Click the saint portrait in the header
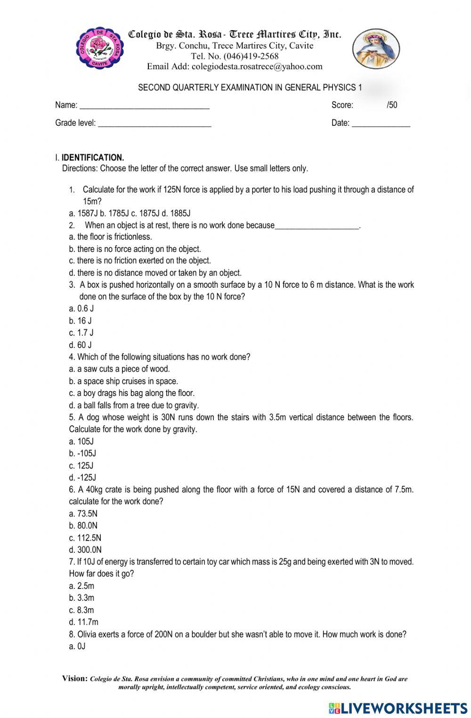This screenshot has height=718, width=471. coord(376,48)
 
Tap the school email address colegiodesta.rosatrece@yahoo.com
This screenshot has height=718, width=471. coord(257,66)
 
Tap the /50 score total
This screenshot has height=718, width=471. coord(391,105)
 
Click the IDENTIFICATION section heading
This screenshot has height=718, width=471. coord(92,157)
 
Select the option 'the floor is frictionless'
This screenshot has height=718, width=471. coord(111,237)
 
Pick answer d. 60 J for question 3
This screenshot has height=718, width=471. coord(81,345)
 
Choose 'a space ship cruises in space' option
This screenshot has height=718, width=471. coord(123,381)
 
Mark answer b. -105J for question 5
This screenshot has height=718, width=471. coord(82,453)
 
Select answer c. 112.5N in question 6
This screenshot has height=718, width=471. coord(85,538)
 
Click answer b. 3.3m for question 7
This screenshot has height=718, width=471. coord(81,598)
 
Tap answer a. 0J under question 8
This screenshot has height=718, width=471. coord(77,646)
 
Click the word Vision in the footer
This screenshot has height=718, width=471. coord(74,678)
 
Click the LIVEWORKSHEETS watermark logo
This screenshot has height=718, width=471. coord(398,709)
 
